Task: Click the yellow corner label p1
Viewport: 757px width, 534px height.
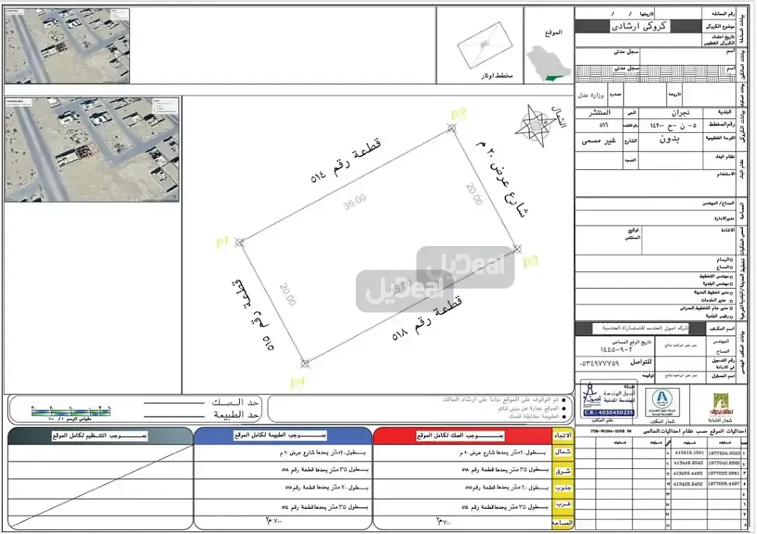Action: [223, 242]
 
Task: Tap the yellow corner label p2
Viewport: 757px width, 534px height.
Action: [458, 114]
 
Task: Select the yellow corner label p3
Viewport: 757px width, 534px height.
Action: [531, 261]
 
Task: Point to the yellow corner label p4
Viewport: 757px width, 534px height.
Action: [298, 382]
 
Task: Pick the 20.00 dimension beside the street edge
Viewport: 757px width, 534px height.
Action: [473, 194]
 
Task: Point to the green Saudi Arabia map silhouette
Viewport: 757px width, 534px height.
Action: [545, 62]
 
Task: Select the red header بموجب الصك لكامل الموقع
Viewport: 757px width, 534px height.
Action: [461, 436]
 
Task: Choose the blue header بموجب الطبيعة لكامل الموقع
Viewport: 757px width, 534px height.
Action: [282, 436]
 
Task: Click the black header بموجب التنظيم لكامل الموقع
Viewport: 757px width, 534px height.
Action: [100, 436]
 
